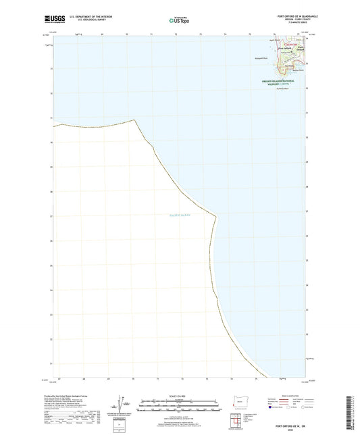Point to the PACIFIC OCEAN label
coord(180,215)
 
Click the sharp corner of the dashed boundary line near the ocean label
coord(216,216)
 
